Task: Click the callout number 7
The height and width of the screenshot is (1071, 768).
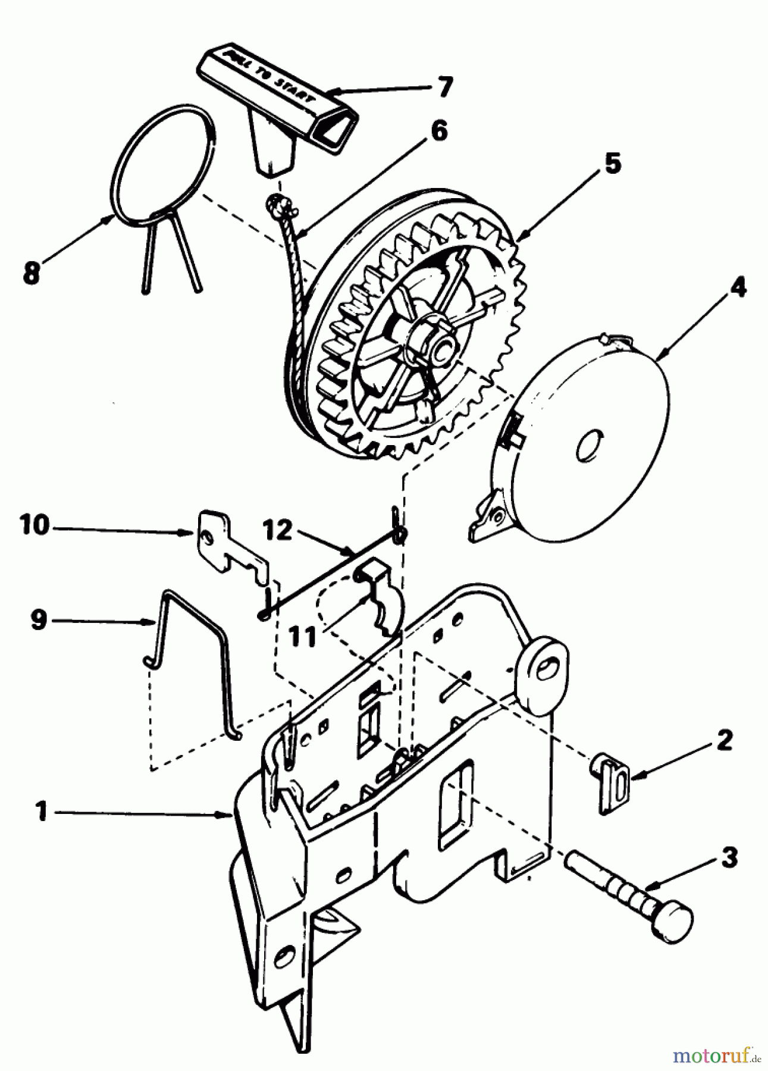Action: tap(443, 88)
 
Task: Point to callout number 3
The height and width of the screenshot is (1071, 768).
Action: tap(727, 858)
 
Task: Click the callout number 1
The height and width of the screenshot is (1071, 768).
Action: tap(41, 811)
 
